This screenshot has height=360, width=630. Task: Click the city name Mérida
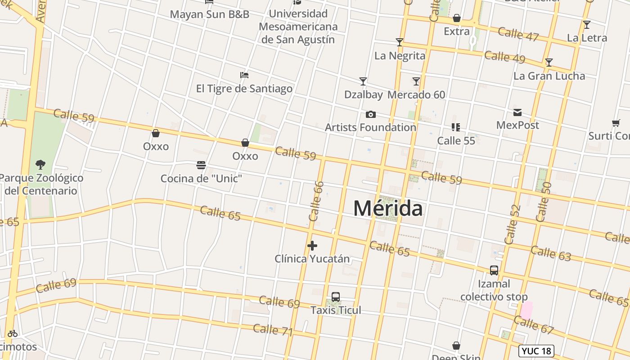pyautogui.click(x=388, y=208)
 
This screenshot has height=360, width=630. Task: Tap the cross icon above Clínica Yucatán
pyautogui.click(x=312, y=246)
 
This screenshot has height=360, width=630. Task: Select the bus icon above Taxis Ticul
pyautogui.click(x=336, y=297)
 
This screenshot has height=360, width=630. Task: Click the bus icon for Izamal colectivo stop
pyautogui.click(x=494, y=270)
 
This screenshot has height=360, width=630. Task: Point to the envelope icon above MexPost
pyautogui.click(x=517, y=112)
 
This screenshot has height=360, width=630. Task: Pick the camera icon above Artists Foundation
pyautogui.click(x=371, y=114)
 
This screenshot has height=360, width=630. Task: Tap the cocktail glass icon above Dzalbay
pyautogui.click(x=363, y=81)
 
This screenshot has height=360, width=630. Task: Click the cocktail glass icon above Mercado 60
pyautogui.click(x=416, y=81)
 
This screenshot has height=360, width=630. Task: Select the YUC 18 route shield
pyautogui.click(x=536, y=351)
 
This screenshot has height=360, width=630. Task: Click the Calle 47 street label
pyautogui.click(x=518, y=34)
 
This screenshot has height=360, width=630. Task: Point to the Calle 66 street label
pyautogui.click(x=316, y=201)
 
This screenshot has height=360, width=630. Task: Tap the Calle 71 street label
pyautogui.click(x=273, y=330)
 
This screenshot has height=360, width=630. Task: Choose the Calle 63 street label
pyautogui.click(x=550, y=253)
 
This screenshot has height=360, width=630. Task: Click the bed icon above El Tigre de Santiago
pyautogui.click(x=244, y=75)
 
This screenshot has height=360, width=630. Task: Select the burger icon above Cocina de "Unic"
pyautogui.click(x=201, y=165)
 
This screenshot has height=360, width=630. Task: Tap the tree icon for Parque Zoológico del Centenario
pyautogui.click(x=40, y=164)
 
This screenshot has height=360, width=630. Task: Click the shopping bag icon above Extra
pyautogui.click(x=457, y=18)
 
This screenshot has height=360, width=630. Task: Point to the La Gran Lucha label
pyautogui.click(x=549, y=76)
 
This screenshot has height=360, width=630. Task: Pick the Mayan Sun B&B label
pyautogui.click(x=209, y=14)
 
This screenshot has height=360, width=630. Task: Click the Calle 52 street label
pyautogui.click(x=513, y=224)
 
